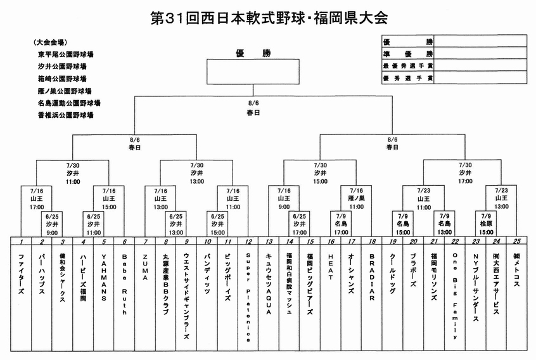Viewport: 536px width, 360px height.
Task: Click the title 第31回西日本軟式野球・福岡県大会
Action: tap(269, 17)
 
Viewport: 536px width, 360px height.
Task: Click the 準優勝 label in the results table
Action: tap(408, 54)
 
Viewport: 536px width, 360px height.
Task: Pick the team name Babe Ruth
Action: tap(125, 280)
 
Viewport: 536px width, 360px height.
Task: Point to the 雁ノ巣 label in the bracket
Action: tap(356, 198)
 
